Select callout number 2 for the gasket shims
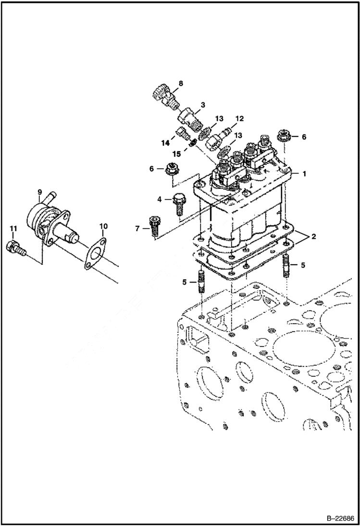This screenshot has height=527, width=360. pos(313,236)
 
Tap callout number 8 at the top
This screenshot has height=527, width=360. pos(181,84)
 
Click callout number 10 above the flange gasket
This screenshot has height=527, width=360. pos(103,226)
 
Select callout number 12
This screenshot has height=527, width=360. pos(239,118)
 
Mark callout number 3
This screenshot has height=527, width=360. pos(203,104)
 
